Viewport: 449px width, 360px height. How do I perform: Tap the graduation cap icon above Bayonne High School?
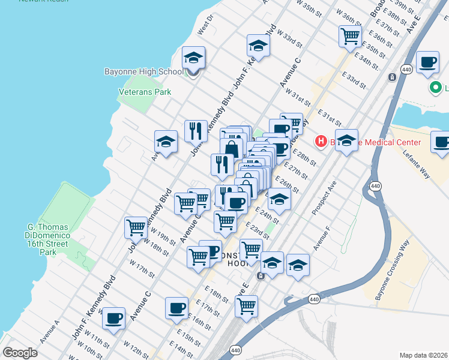[193, 58]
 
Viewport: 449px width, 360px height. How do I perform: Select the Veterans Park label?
[145, 92]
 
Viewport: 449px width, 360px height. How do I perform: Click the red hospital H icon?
[322, 142]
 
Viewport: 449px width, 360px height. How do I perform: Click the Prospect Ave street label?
[324, 197]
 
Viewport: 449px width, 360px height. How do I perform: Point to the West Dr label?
[205, 28]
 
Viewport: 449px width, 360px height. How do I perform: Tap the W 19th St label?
[163, 237]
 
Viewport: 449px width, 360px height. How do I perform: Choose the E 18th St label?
[216, 294]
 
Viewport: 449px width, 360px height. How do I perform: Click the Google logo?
[20, 353]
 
